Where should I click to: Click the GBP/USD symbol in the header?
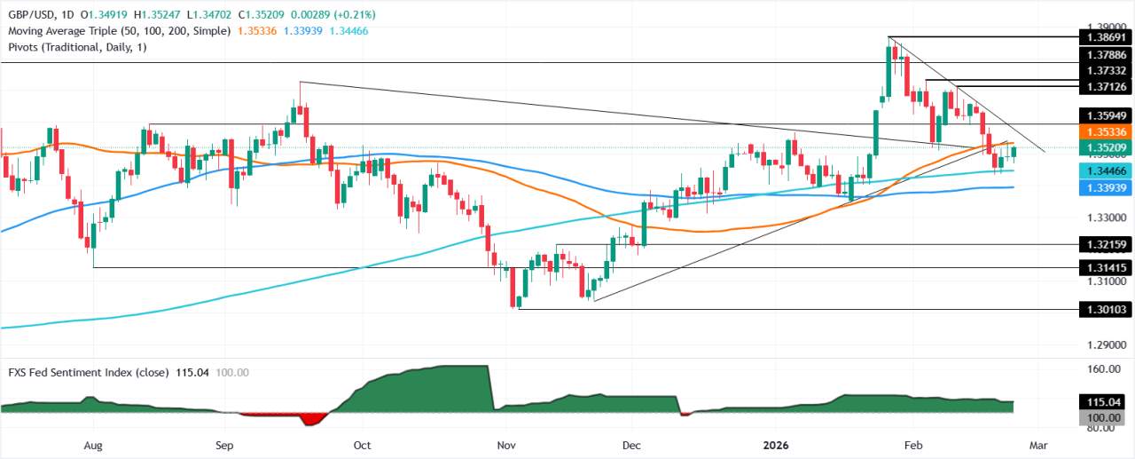click(x=31, y=14)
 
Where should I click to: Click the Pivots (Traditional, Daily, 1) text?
click(x=76, y=46)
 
